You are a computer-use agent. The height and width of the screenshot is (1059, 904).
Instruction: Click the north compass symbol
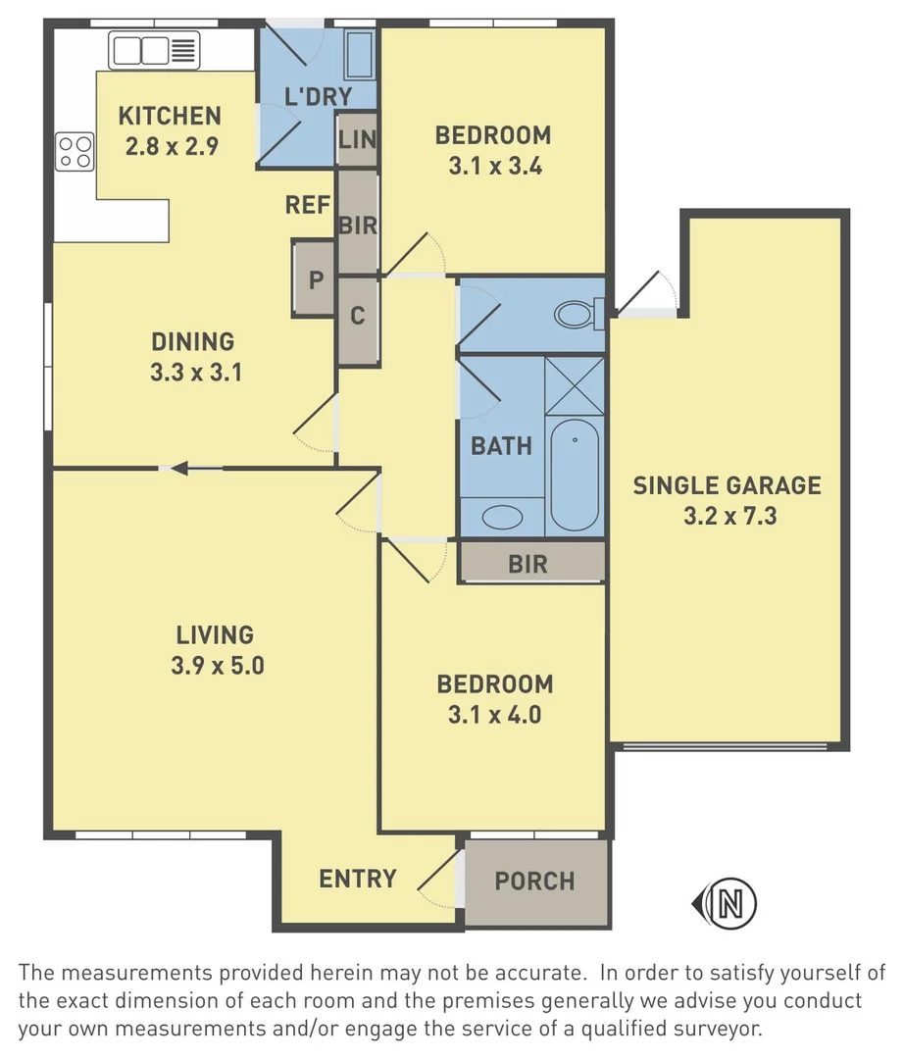pos(725,901)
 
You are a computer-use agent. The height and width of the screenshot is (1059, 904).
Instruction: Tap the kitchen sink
pos(155,49)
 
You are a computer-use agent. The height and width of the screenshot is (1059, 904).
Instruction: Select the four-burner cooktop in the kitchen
pos(75,151)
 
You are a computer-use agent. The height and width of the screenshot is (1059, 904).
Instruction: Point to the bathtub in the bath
pos(574,476)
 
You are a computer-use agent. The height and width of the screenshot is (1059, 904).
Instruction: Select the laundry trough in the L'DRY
pos(360,56)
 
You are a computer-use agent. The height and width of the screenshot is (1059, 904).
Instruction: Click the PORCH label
pos(534,881)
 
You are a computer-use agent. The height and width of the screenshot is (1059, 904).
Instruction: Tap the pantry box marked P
pos(315,279)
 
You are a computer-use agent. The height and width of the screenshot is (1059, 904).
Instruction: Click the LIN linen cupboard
pos(357,139)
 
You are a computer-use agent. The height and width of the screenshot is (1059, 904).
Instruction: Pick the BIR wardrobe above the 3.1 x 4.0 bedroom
pos(528,564)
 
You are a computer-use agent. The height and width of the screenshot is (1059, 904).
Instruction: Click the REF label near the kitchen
pos(307,205)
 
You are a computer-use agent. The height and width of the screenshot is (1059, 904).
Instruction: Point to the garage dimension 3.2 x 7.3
pos(729,515)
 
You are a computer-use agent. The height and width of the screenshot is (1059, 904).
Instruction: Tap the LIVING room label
pos(215,634)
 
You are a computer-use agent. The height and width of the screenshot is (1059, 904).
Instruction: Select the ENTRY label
pos(358,879)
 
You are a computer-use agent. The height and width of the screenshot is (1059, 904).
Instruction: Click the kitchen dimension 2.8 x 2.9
pos(170,146)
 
